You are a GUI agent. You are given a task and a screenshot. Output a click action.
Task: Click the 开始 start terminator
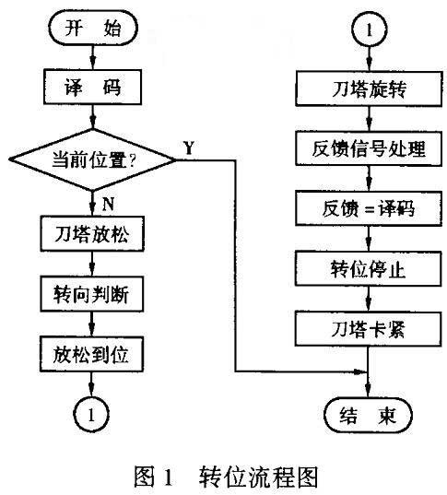(93, 28)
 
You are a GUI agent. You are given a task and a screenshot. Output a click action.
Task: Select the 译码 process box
(92, 87)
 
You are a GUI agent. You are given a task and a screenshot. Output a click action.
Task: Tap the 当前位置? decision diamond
(92, 159)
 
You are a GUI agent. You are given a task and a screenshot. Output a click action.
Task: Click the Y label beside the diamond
(189, 147)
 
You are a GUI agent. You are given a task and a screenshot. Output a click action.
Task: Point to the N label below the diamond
(108, 204)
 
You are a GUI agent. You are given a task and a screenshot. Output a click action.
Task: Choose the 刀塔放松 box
(92, 233)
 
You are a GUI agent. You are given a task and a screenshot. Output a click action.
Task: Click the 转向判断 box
(92, 294)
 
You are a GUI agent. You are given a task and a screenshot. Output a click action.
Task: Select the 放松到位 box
(91, 354)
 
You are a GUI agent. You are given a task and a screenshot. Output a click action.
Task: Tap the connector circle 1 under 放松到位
(91, 415)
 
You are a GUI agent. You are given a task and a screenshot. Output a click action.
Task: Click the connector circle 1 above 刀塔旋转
(370, 30)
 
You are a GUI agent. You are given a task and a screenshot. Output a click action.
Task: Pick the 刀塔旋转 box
(369, 88)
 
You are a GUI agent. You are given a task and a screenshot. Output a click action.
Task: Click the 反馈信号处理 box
(369, 148)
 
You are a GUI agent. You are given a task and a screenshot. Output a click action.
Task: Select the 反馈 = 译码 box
(369, 208)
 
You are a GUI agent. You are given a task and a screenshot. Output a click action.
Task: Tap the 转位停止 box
(368, 268)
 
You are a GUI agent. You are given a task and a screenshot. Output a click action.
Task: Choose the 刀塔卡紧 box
(368, 329)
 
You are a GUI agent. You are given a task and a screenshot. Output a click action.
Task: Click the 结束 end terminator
(368, 415)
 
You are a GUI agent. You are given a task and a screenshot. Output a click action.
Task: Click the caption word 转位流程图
(258, 477)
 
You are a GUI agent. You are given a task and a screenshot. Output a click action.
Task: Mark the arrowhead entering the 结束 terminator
(368, 391)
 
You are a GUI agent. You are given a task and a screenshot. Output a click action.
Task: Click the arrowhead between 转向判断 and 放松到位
(91, 330)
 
